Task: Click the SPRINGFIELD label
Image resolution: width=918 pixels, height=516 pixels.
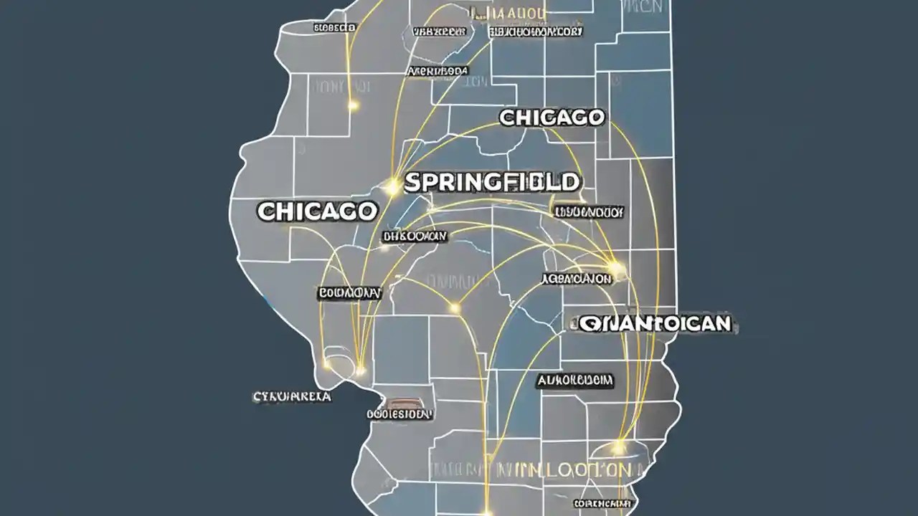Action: coord(492,182)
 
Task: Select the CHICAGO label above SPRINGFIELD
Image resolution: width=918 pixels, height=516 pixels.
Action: coord(552,118)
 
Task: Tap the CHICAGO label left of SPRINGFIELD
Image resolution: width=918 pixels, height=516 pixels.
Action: coord(317,211)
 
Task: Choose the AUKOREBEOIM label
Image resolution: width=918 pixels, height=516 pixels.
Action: coord(574,381)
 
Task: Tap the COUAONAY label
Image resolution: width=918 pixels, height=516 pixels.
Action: coord(349,293)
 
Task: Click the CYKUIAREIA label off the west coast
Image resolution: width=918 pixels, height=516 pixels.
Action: coord(292,396)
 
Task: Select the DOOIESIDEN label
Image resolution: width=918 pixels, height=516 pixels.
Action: coord(399,414)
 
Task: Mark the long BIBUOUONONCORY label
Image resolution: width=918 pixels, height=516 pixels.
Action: coord(536,32)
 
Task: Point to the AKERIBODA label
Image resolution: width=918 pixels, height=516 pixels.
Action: coord(437,72)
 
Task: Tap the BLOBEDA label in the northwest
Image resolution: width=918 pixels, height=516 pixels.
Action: coord(334,27)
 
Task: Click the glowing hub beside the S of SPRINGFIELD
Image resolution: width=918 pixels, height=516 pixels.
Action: coord(392,188)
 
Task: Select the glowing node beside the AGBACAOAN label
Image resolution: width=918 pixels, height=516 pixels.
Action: coord(617,269)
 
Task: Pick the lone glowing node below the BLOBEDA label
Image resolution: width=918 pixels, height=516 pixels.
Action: coord(352,105)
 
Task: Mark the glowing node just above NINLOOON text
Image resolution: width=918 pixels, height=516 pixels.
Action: coord(618,448)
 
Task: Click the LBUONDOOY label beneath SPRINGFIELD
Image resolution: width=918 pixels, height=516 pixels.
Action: coord(588,212)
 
